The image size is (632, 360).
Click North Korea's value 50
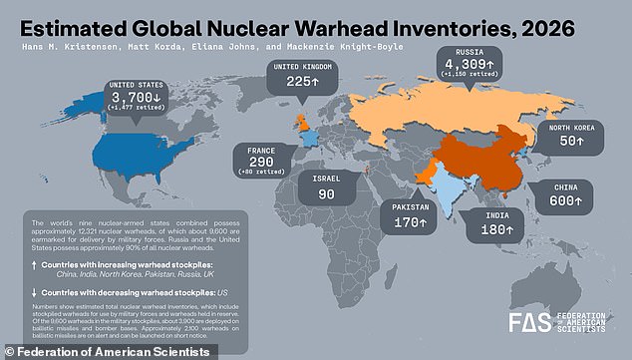[x=573, y=143]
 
